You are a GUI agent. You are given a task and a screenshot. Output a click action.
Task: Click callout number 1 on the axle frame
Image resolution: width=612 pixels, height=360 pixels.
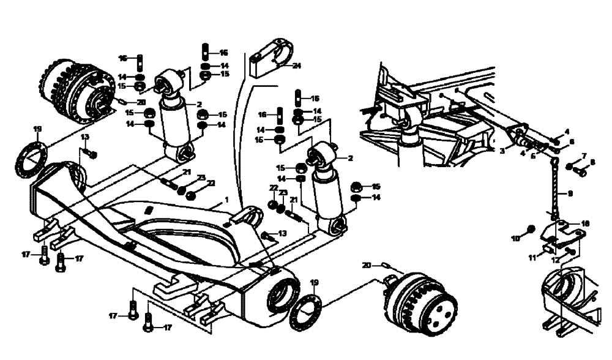click(226, 200)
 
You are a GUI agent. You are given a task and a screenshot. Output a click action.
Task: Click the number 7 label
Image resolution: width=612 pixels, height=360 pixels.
click(584, 156)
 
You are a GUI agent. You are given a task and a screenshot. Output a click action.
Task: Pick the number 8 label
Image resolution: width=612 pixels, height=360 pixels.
click(592, 163)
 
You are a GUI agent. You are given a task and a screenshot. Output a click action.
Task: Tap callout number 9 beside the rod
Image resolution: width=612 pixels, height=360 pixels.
click(570, 193)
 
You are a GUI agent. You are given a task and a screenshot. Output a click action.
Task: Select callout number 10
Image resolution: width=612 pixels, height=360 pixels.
click(515, 237)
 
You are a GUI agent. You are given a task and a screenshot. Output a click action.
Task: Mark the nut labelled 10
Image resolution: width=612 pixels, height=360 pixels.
click(531, 230)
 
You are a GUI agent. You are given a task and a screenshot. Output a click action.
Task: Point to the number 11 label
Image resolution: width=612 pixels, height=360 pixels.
click(532, 258)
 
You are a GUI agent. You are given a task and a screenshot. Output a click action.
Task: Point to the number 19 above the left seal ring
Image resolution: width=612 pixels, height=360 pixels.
click(37, 129)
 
